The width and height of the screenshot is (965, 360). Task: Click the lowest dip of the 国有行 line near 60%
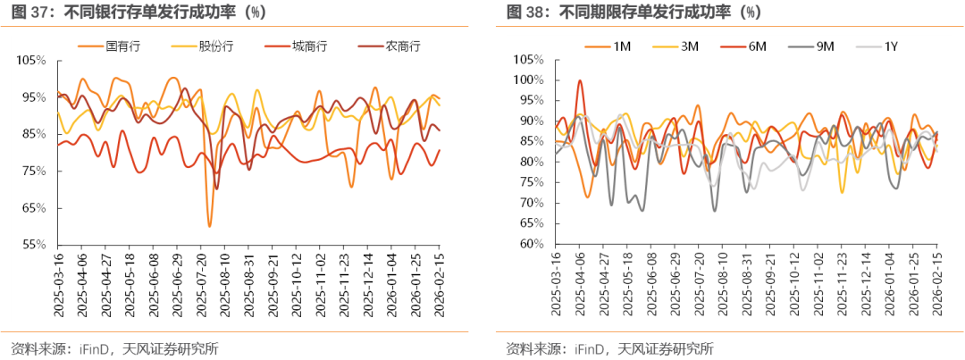(210, 226)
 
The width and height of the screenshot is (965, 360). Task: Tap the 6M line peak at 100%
(579, 80)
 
